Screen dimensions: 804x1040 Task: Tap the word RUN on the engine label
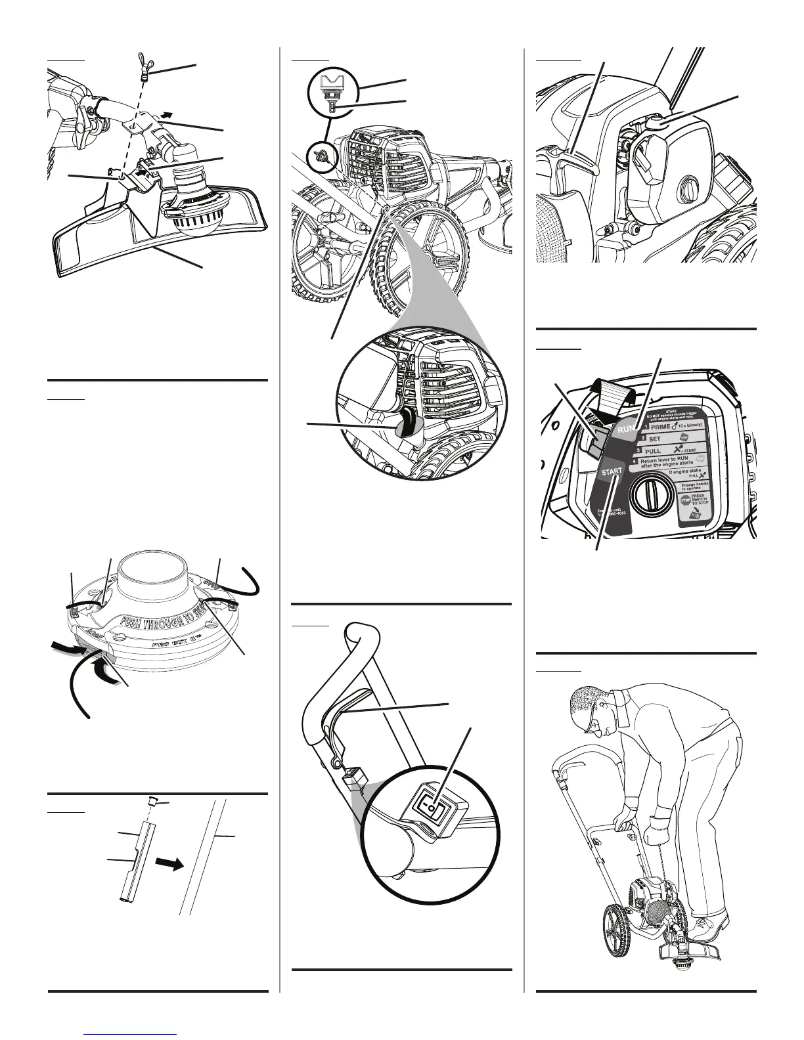click(x=626, y=429)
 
